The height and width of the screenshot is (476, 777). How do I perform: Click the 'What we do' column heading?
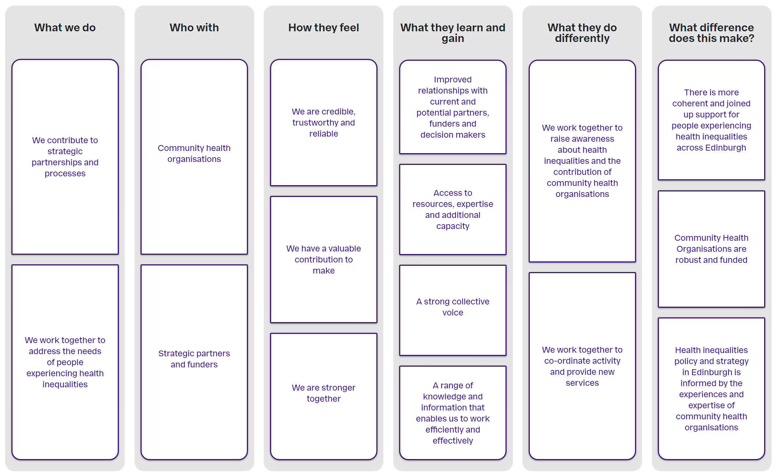(x=65, y=28)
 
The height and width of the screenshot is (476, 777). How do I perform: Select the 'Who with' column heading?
(x=194, y=28)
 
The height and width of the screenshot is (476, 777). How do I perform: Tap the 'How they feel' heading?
(x=324, y=28)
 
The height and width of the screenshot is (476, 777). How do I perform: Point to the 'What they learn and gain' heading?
(x=453, y=33)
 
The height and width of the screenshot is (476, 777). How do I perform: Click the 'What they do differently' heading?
(x=582, y=33)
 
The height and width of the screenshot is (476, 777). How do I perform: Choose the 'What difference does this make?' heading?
(x=712, y=33)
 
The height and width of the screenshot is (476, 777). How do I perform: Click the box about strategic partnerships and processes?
(x=65, y=157)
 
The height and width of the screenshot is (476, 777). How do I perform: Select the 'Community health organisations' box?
(x=194, y=157)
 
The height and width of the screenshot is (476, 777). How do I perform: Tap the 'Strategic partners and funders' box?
(x=194, y=362)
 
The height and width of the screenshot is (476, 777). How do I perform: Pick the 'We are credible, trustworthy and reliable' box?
(x=324, y=123)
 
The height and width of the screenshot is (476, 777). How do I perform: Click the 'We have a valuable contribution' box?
(x=324, y=260)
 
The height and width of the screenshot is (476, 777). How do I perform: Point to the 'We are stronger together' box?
(x=324, y=396)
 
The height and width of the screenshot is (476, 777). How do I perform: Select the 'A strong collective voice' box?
(x=453, y=310)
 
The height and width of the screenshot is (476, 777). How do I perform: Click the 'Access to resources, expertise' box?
(x=453, y=209)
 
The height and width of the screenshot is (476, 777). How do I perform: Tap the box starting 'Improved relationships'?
(x=453, y=107)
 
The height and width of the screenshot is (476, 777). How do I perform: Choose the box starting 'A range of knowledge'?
(x=453, y=413)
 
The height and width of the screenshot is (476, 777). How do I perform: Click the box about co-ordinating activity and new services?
(x=582, y=366)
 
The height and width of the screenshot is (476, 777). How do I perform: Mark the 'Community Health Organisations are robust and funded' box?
(x=712, y=249)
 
